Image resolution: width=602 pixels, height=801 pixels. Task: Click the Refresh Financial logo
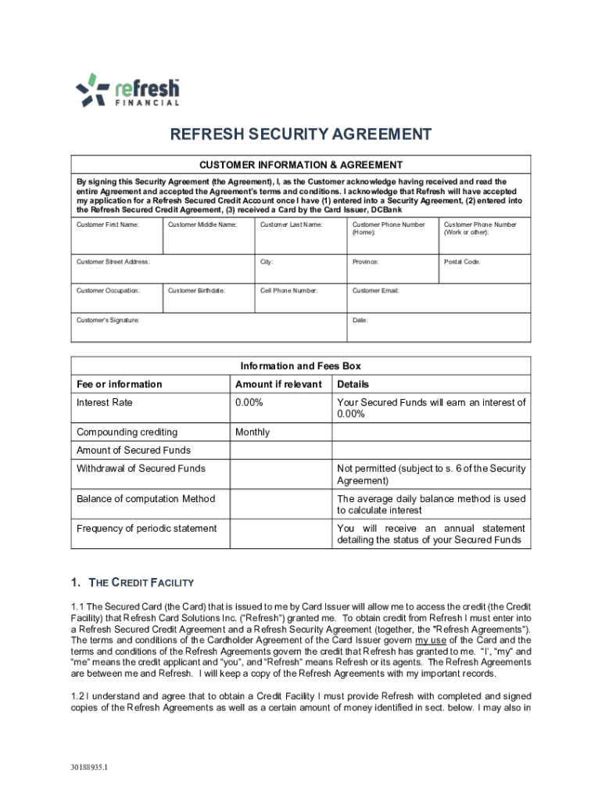pyautogui.click(x=127, y=91)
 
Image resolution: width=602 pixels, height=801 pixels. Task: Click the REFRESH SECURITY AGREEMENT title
pyautogui.click(x=301, y=135)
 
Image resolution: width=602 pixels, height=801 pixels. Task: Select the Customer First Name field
pyautogui.click(x=117, y=234)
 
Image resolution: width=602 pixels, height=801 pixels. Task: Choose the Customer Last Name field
pyautogui.click(x=300, y=234)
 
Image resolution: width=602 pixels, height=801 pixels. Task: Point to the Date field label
pyautogui.click(x=360, y=320)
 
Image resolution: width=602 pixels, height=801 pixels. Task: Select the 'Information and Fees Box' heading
pyautogui.click(x=300, y=366)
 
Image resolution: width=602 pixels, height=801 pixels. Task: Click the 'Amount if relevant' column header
pyautogui.click(x=278, y=384)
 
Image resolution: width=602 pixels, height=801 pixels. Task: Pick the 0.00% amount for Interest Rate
pyautogui.click(x=249, y=403)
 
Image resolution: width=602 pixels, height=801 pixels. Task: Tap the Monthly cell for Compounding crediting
pyautogui.click(x=253, y=433)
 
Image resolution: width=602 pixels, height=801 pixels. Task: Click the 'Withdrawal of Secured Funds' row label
pyautogui.click(x=141, y=469)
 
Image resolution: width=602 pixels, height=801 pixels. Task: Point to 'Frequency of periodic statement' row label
pyautogui.click(x=146, y=529)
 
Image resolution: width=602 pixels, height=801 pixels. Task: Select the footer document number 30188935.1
pyautogui.click(x=89, y=767)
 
